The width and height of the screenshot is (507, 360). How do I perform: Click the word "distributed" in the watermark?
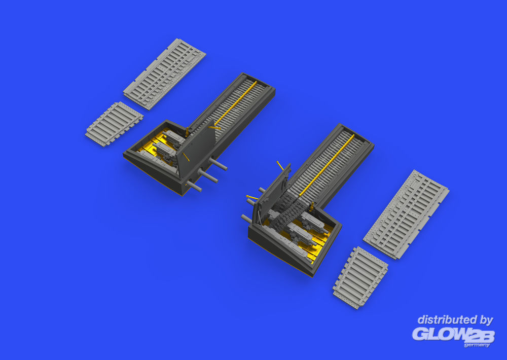(x=446, y=320)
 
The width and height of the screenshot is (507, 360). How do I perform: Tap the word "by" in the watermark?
(x=486, y=320)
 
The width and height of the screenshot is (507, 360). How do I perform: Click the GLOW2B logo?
(x=453, y=335)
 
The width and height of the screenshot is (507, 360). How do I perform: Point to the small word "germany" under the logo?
(x=477, y=345)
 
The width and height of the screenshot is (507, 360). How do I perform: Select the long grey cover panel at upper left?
(x=165, y=74)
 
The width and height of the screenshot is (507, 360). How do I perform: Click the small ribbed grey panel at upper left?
(x=115, y=124)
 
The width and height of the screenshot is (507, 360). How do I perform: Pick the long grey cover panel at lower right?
(x=406, y=214)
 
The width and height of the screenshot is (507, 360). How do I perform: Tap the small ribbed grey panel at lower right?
(x=360, y=278)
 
